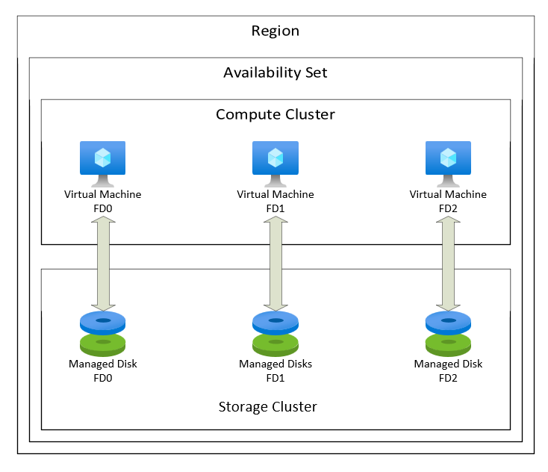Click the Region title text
[275, 31]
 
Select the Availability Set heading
[275, 72]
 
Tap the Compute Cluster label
[275, 114]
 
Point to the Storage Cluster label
[267, 407]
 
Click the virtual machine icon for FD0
[103, 161]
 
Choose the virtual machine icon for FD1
[275, 161]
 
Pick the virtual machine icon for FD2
[448, 161]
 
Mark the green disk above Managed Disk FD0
[103, 344]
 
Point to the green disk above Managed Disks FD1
[275, 344]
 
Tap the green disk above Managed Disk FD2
[448, 344]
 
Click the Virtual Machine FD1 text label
[275, 200]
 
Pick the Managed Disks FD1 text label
[275, 370]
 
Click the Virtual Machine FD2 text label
[448, 200]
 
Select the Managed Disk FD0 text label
[103, 370]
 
